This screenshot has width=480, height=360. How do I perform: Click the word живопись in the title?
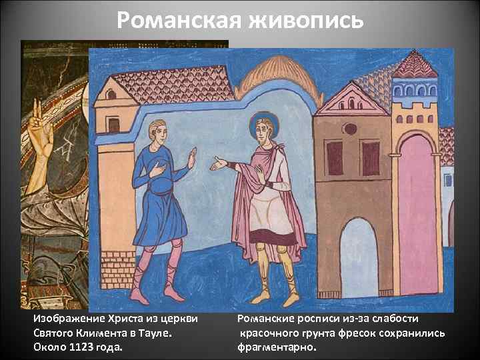[309, 21]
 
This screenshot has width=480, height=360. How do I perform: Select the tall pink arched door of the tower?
[417, 213]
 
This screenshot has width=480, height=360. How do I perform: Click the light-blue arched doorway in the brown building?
[359, 257]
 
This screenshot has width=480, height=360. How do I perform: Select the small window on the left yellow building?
[114, 125]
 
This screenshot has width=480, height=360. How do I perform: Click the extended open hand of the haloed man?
[219, 163]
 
